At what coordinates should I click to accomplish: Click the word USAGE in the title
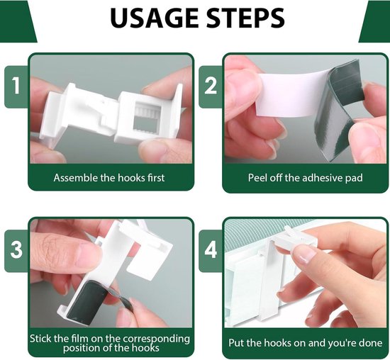pyautogui.click(x=155, y=18)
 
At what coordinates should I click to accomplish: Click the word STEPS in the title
pyautogui.click(x=246, y=18)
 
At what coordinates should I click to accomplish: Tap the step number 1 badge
pyautogui.click(x=16, y=86)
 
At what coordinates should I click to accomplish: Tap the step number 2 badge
pyautogui.click(x=211, y=86)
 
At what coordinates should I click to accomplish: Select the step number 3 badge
pyautogui.click(x=16, y=250)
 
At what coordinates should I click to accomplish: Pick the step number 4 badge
pyautogui.click(x=211, y=250)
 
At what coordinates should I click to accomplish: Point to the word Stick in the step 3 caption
pyautogui.click(x=40, y=339)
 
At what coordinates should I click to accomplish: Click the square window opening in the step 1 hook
pyautogui.click(x=145, y=117)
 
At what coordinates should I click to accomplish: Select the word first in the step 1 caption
pyautogui.click(x=156, y=178)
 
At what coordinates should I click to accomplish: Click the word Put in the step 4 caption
pyautogui.click(x=237, y=343)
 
